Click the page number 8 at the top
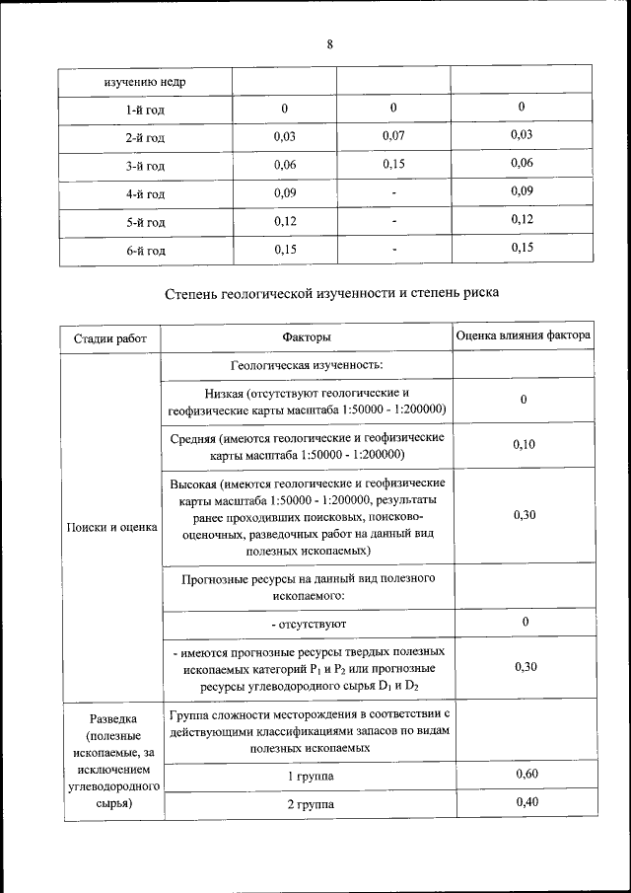click(329, 44)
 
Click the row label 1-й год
click(144, 109)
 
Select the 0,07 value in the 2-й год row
click(393, 135)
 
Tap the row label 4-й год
click(144, 193)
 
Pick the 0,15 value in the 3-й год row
click(393, 164)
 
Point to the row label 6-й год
click(144, 251)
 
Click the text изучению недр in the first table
click(144, 81)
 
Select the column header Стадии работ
click(109, 338)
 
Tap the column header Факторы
click(306, 338)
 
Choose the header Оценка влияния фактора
click(524, 336)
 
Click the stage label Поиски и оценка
click(111, 527)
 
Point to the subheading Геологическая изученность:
click(306, 365)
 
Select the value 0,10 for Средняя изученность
click(524, 445)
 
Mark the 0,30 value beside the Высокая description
click(524, 515)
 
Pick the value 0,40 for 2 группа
click(526, 803)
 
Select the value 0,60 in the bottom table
click(526, 775)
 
